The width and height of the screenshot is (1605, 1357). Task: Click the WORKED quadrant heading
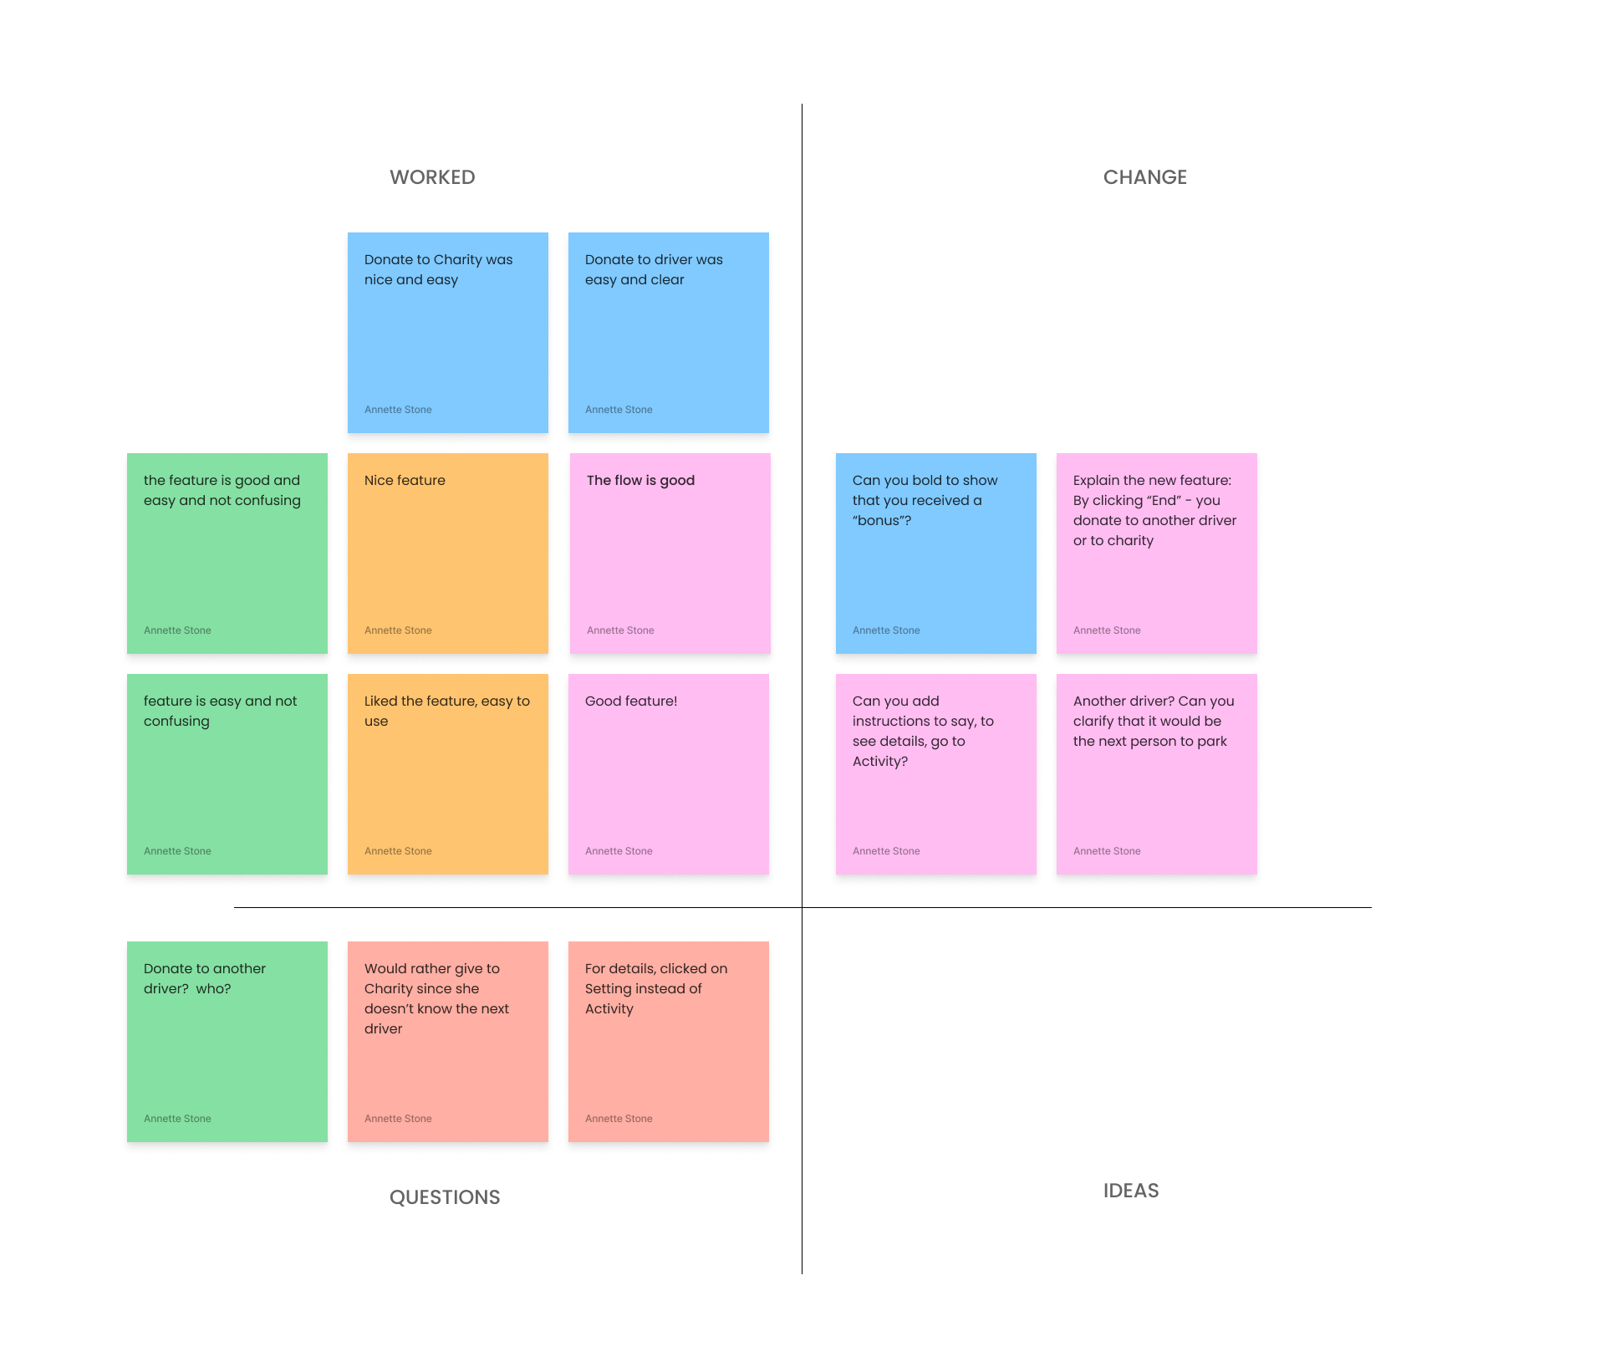[432, 177]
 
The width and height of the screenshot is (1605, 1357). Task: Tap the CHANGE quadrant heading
[1144, 177]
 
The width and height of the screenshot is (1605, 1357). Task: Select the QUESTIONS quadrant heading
[445, 1197]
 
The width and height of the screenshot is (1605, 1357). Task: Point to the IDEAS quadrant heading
[1130, 1191]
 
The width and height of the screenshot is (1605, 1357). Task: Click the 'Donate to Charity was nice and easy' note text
[438, 270]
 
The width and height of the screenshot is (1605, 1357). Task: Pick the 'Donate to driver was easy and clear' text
[653, 270]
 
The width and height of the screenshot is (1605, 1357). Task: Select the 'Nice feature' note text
[405, 481]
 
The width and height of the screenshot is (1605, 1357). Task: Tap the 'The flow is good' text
[640, 481]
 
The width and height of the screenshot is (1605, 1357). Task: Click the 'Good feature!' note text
[630, 701]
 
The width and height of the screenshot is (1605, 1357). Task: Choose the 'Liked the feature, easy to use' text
[446, 711]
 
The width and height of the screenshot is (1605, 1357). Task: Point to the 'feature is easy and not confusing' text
[220, 711]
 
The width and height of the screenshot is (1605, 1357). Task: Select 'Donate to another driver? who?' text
[204, 978]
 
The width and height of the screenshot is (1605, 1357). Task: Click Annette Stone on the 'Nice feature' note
[398, 630]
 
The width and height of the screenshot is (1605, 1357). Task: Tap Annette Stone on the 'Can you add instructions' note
[886, 851]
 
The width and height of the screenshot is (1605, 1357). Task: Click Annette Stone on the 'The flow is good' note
[620, 630]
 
